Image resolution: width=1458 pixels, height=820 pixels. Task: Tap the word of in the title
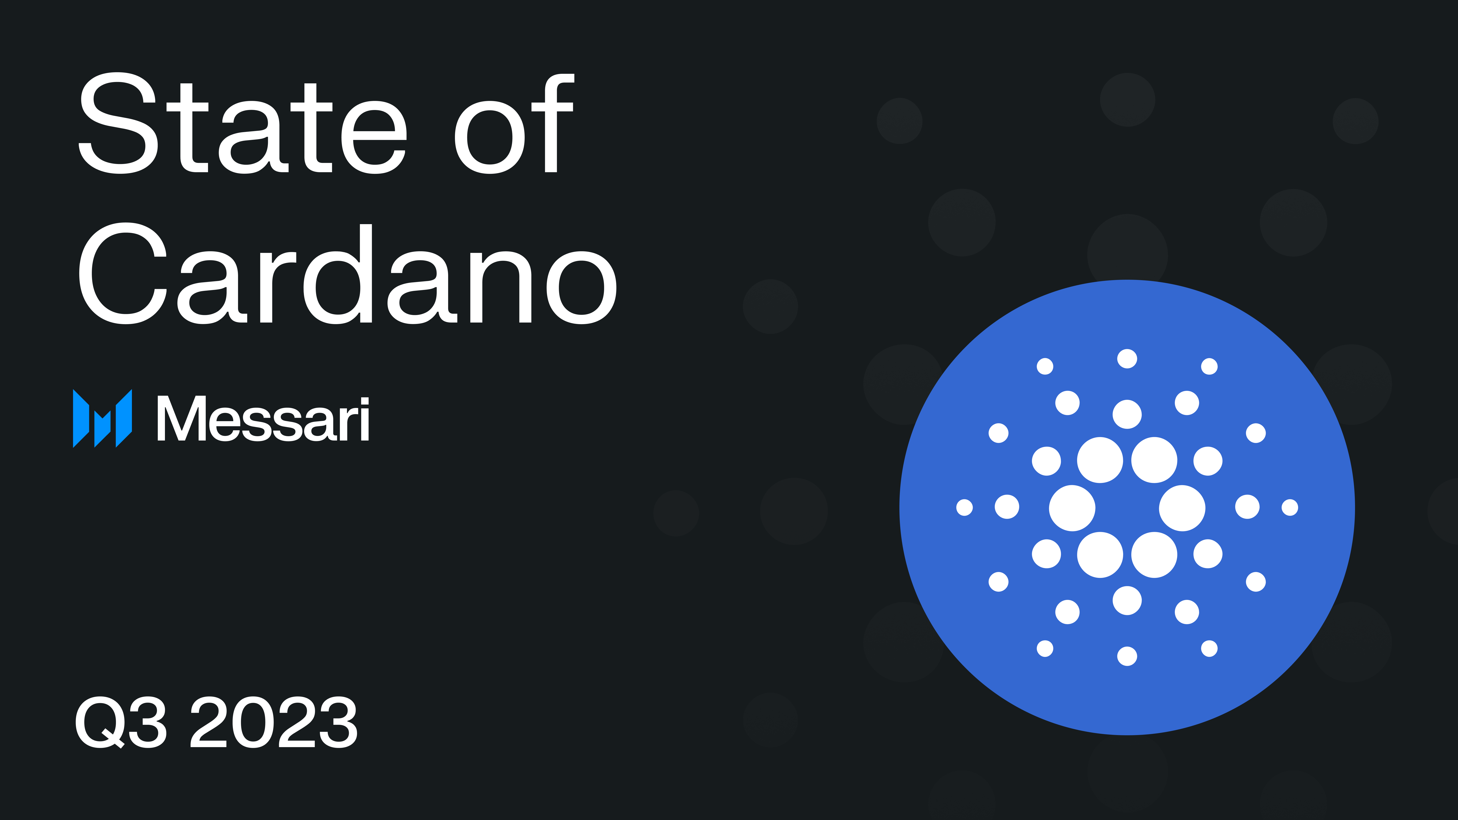pos(514,123)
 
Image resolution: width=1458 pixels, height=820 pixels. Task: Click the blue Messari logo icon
pos(103,418)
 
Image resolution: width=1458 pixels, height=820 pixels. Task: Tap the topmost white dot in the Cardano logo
pos(1127,359)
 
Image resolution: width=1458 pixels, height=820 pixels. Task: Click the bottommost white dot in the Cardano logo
pos(1127,656)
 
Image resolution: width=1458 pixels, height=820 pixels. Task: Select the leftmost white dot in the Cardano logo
pos(965,508)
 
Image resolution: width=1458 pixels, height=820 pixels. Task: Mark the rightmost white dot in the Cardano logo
pos(1290,508)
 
